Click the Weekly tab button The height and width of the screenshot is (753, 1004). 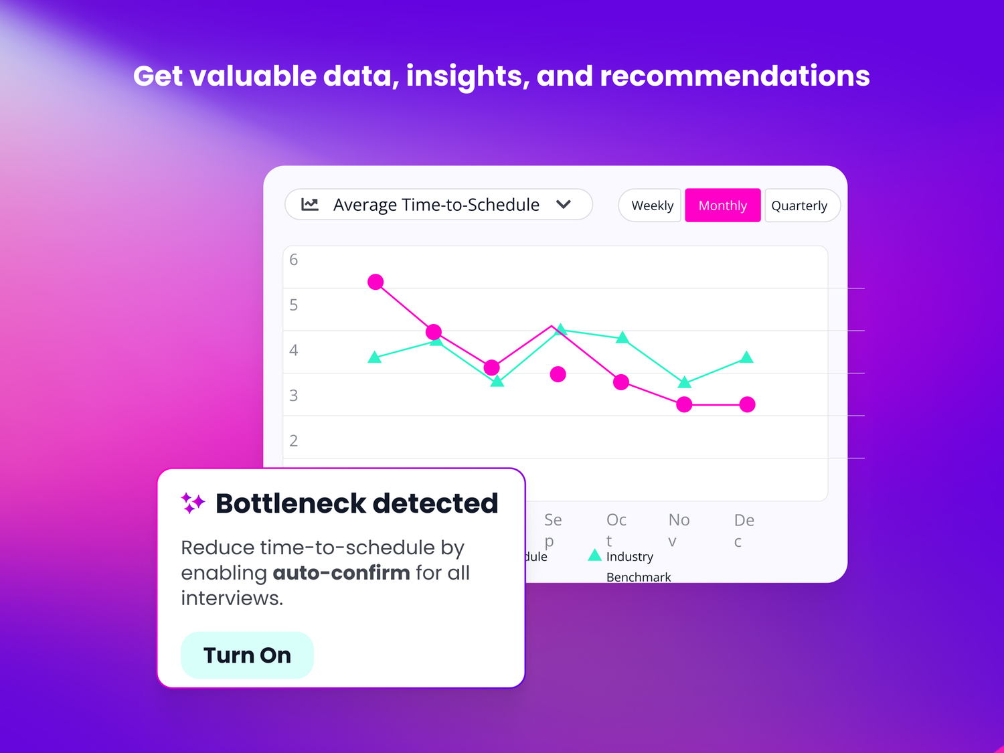point(652,205)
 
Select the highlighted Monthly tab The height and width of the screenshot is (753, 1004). point(722,205)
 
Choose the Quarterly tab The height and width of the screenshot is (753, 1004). point(799,205)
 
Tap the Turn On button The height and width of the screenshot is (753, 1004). point(247,655)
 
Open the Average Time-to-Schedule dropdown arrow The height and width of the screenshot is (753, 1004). point(564,204)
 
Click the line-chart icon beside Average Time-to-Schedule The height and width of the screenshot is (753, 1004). point(310,204)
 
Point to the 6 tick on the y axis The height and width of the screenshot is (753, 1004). point(293,260)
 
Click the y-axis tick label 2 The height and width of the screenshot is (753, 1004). point(293,440)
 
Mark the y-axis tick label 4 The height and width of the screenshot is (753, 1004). point(293,350)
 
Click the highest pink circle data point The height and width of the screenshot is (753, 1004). point(375,282)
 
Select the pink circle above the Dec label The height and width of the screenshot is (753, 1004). point(748,404)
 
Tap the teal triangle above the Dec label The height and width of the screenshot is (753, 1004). point(747,357)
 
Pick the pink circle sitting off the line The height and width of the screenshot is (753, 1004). point(558,374)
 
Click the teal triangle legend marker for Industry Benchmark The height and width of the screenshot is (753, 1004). point(594,555)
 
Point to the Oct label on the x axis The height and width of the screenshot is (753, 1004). point(616,529)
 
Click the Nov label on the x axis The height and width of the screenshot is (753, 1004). point(679,529)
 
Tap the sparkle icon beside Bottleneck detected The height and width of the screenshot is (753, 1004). point(193,503)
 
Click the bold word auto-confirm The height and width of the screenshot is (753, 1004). point(341,573)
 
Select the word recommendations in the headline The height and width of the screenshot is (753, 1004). point(734,76)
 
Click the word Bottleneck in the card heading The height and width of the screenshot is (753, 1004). point(290,503)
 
